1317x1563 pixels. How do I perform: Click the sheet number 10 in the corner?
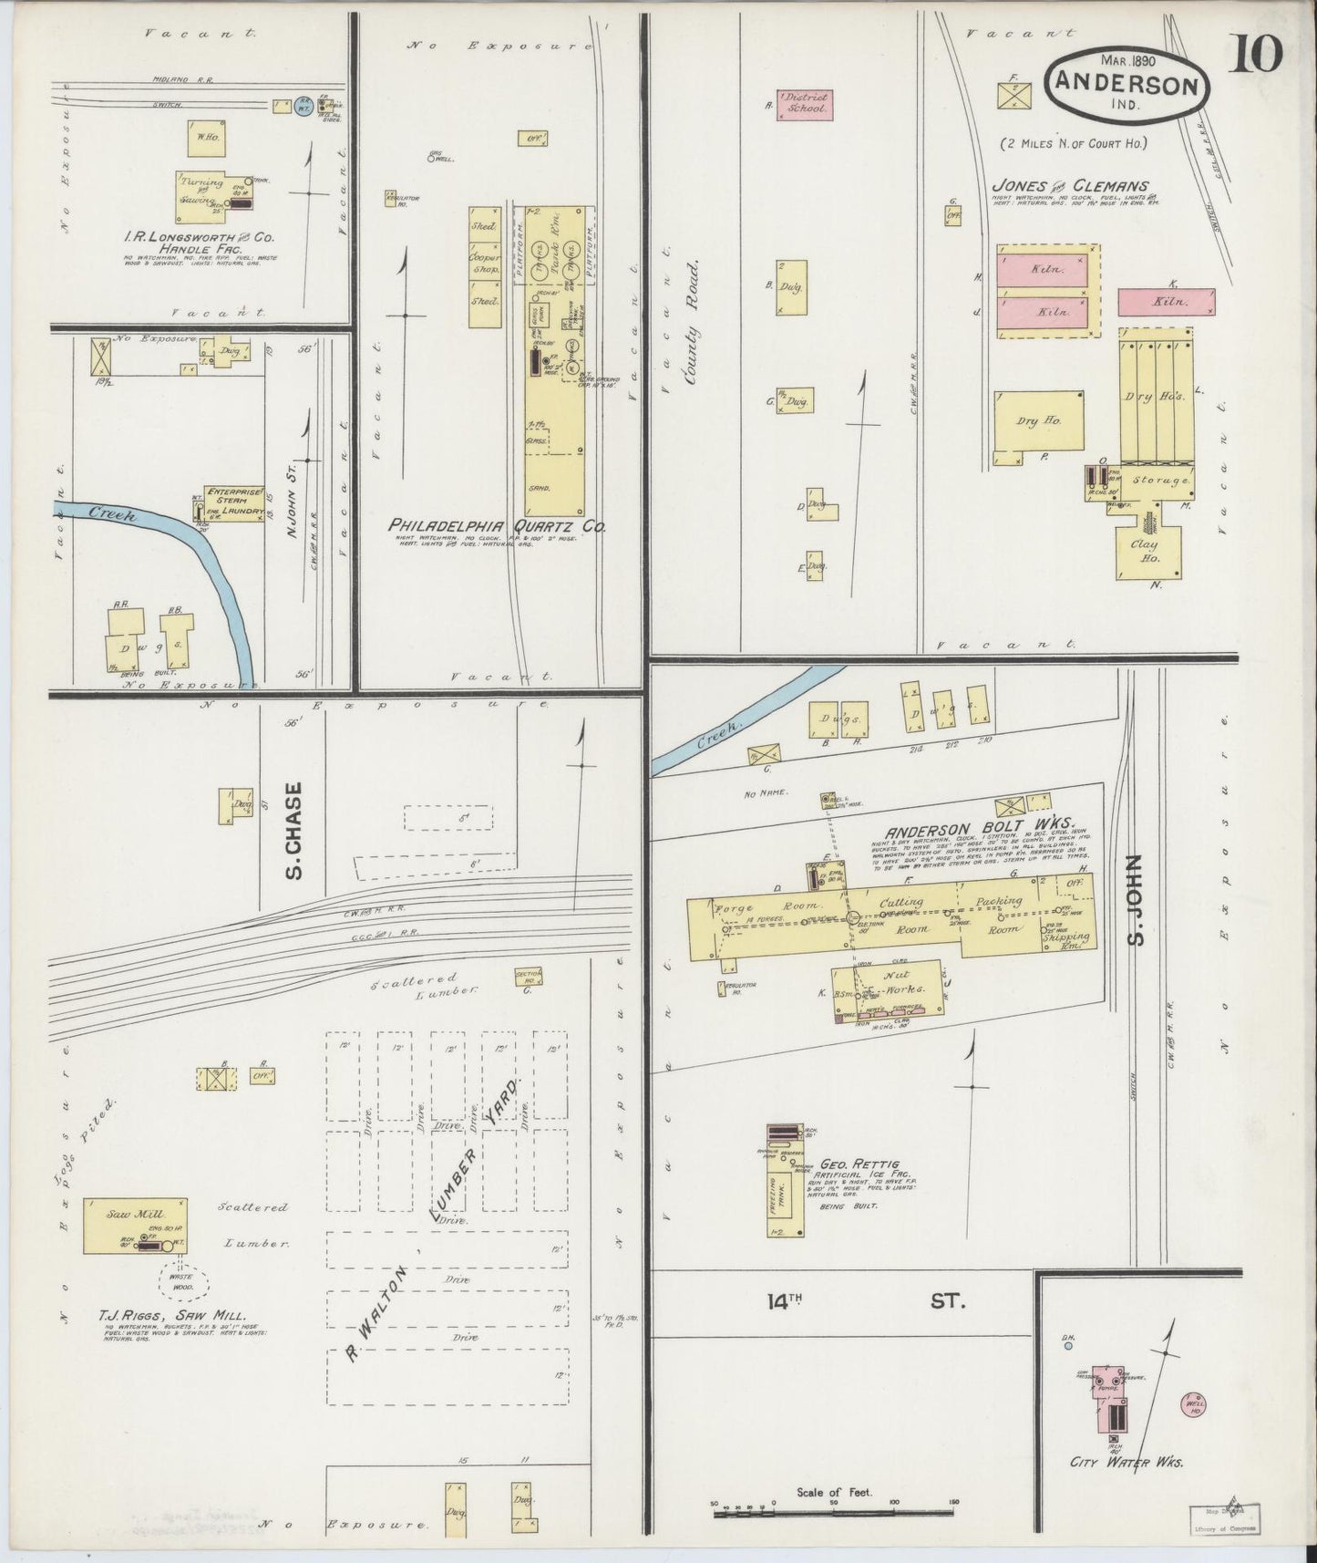click(1259, 54)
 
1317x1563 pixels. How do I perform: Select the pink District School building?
click(802, 106)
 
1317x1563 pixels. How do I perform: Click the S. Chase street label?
click(293, 830)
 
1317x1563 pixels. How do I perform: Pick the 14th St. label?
click(862, 1301)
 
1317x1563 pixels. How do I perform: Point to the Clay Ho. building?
click(1149, 551)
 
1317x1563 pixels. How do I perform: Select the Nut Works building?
click(893, 983)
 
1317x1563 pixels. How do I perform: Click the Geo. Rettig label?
click(860, 1164)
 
